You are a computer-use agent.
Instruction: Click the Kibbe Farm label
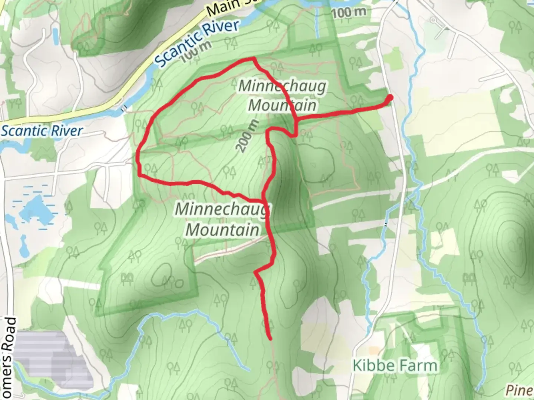click(x=395, y=365)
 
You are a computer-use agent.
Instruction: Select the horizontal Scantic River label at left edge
click(x=42, y=131)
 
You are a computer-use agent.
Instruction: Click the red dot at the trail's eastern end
click(x=390, y=97)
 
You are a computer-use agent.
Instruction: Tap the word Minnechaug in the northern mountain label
click(x=283, y=86)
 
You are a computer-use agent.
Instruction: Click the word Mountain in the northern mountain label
click(x=283, y=105)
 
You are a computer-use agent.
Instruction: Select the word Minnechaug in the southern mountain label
click(x=221, y=209)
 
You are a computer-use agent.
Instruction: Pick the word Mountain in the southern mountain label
click(x=222, y=230)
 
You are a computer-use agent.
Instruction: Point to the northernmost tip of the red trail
click(x=253, y=59)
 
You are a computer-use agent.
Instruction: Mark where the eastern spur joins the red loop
click(x=296, y=119)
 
